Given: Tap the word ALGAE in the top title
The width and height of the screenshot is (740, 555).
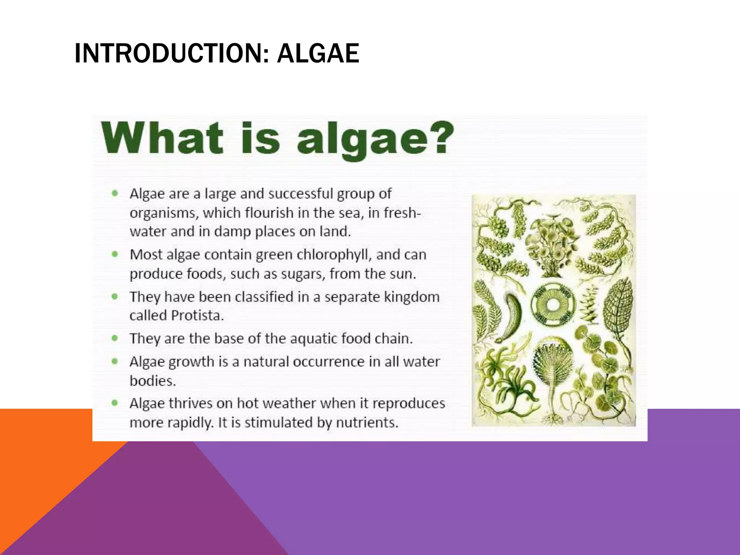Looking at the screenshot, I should tap(318, 53).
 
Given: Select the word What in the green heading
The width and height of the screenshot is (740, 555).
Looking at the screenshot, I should tap(162, 138).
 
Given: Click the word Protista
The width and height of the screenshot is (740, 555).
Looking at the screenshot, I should tap(197, 315).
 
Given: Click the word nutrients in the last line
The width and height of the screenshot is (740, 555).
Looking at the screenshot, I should tap(367, 422).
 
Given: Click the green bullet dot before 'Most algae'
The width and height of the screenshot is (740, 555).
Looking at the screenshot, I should tap(115, 254).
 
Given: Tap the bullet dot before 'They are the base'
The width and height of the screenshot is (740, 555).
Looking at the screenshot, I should tap(115, 339).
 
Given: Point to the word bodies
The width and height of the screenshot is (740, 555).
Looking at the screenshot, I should tap(152, 381).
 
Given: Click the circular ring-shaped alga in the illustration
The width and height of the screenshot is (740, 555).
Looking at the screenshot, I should tap(552, 305).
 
